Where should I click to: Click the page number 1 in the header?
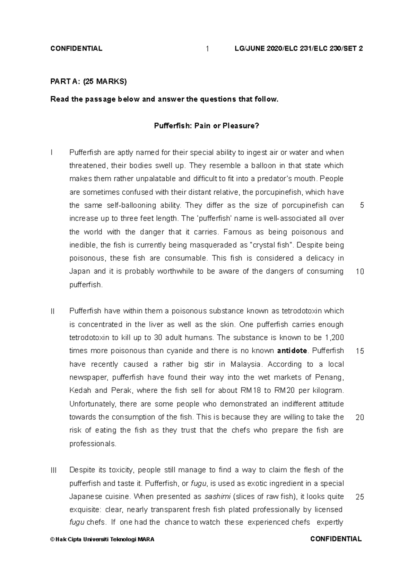click(207, 49)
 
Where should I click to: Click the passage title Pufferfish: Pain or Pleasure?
click(206, 126)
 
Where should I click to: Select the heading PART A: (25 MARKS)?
click(89, 81)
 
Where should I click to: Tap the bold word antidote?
click(292, 351)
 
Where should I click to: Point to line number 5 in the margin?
click(362, 205)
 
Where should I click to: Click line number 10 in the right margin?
click(360, 271)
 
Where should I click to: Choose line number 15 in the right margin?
click(360, 351)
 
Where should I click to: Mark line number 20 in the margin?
click(360, 417)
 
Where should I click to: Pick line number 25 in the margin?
click(360, 497)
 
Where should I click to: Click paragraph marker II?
click(52, 311)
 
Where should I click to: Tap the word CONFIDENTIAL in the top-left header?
click(76, 48)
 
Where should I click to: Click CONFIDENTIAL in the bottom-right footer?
click(336, 539)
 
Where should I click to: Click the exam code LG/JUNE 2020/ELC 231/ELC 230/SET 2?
click(299, 48)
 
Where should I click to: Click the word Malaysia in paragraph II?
click(245, 364)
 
